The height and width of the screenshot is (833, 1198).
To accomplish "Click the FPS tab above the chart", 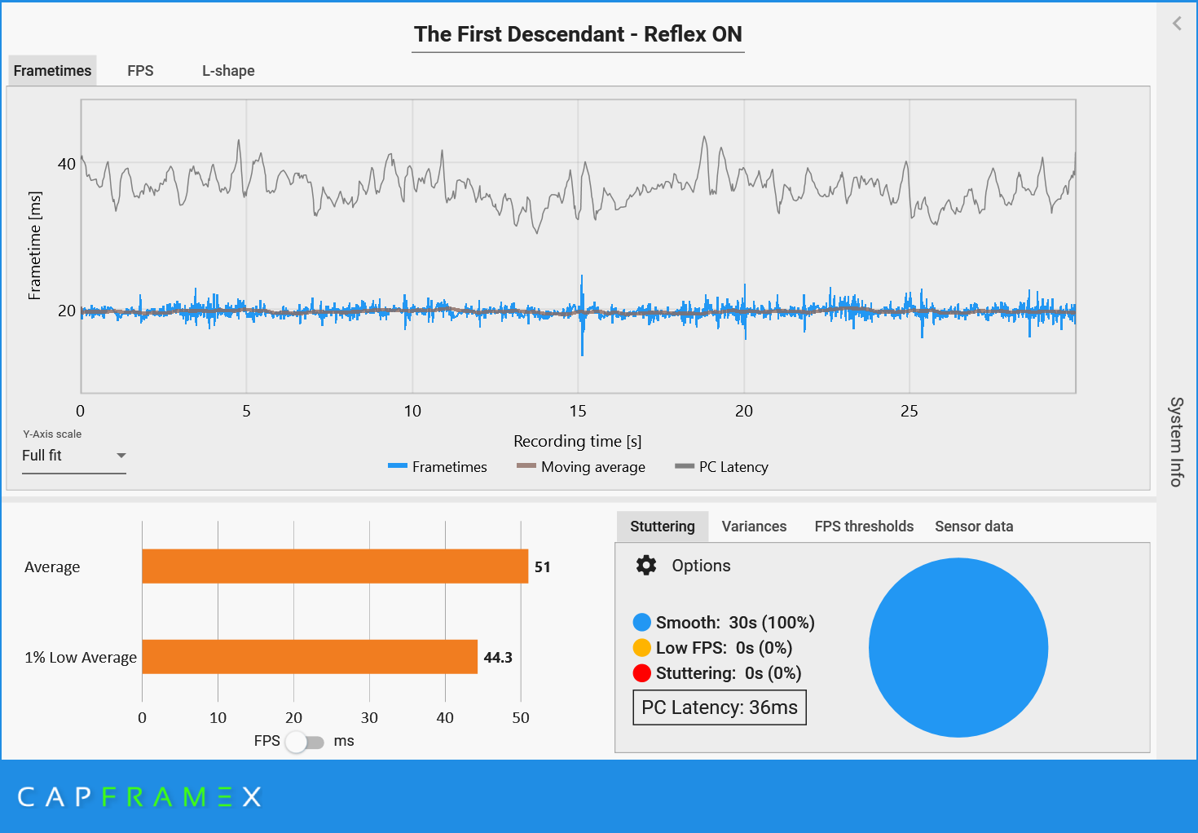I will [140, 71].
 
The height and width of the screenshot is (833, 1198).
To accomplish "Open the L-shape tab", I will [228, 71].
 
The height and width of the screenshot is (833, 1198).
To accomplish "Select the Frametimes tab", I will [52, 71].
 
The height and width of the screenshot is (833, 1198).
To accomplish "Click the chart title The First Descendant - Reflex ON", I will [578, 34].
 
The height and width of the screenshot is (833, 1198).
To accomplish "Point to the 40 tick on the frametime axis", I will [67, 165].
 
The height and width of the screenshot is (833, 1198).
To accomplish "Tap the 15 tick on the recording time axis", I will [578, 411].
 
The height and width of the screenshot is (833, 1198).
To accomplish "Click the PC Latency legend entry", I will [722, 467].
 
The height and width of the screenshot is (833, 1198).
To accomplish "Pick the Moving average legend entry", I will [581, 467].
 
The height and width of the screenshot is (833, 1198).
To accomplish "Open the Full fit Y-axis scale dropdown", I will [73, 456].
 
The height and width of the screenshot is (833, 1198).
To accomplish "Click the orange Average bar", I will [335, 566].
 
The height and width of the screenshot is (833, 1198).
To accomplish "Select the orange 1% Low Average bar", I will [310, 657].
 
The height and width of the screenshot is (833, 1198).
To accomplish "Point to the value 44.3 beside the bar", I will [498, 657].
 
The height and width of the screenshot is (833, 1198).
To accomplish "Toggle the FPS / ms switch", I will [305, 742].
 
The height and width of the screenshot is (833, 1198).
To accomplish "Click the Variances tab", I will [754, 527].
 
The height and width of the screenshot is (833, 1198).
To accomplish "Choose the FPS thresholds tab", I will [864, 527].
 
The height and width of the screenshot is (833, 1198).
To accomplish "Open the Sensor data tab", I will [974, 527].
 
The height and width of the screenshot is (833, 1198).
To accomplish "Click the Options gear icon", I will [646, 566].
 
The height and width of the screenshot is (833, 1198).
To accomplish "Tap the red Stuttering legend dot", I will [642, 673].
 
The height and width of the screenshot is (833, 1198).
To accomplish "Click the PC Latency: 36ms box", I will [720, 707].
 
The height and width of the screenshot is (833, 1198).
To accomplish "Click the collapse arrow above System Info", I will [1177, 24].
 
